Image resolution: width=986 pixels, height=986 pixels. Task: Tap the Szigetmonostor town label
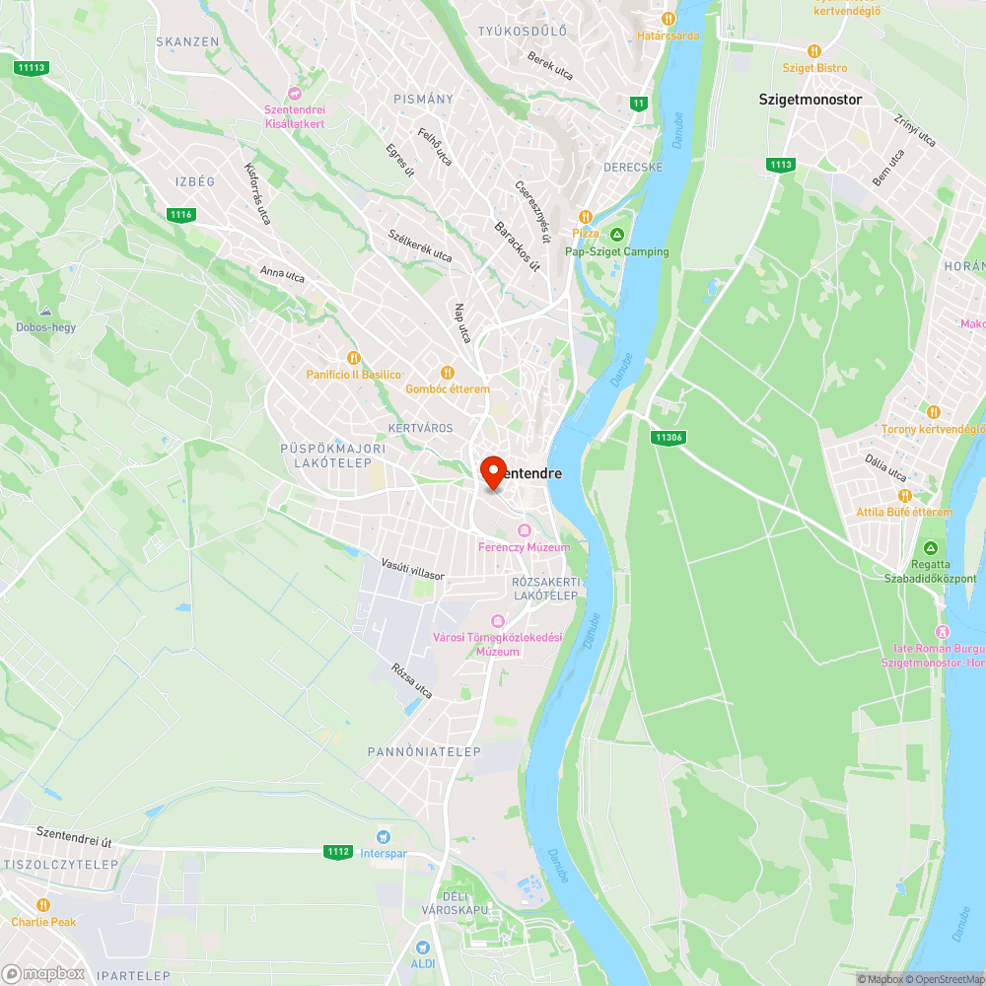click(x=810, y=100)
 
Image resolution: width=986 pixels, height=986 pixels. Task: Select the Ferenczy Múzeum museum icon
click(x=524, y=531)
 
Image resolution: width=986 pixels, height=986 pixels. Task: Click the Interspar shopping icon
click(x=383, y=836)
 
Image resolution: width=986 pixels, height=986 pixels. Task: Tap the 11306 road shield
click(x=668, y=437)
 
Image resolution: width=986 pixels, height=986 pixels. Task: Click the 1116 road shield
click(x=180, y=215)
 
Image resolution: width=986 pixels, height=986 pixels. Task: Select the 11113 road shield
click(x=32, y=67)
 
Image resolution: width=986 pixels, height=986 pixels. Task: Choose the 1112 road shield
click(x=338, y=851)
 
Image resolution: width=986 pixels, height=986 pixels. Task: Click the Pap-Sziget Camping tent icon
click(x=617, y=234)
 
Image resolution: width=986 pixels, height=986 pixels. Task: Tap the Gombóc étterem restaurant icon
click(x=447, y=372)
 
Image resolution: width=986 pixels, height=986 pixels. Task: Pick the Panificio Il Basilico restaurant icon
click(x=353, y=358)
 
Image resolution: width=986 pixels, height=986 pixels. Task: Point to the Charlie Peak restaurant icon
click(x=43, y=905)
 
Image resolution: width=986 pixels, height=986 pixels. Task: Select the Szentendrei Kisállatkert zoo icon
click(x=294, y=93)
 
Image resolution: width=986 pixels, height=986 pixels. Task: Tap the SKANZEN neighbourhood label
click(x=187, y=41)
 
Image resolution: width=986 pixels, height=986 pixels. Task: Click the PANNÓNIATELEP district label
click(x=424, y=751)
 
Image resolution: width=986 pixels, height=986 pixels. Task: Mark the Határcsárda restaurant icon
click(x=668, y=18)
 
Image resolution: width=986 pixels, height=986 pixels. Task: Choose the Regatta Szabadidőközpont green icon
click(x=930, y=548)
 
